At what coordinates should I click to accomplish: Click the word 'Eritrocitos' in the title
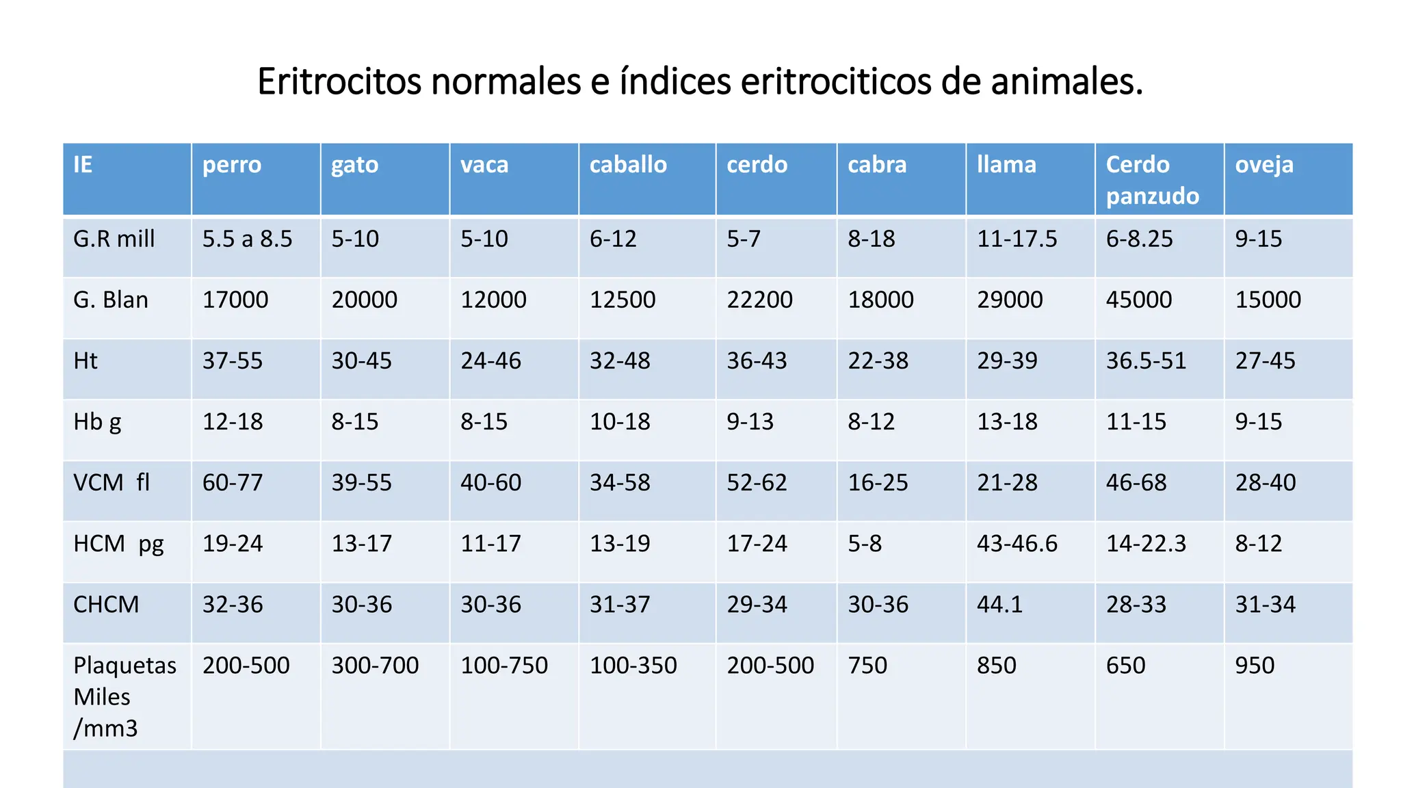click(x=339, y=82)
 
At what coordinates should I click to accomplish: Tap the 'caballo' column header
click(x=628, y=165)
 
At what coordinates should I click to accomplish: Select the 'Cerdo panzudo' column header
click(x=1152, y=180)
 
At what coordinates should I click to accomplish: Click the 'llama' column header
click(x=1006, y=165)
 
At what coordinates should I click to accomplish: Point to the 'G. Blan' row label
click(x=111, y=300)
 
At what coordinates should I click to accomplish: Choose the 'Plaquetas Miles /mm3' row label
click(x=125, y=696)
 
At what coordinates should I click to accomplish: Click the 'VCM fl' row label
click(x=112, y=483)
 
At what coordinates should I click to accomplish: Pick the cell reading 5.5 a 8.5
click(x=247, y=239)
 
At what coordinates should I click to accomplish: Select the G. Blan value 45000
click(x=1138, y=300)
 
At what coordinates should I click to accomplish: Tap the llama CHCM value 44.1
click(x=999, y=605)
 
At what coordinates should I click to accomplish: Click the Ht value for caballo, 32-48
click(x=620, y=361)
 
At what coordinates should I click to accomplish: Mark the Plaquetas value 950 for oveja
click(x=1255, y=666)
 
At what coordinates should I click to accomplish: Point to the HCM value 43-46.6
click(x=1017, y=544)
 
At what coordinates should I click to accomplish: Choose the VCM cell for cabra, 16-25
click(x=878, y=483)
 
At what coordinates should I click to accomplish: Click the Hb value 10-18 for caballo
click(x=620, y=422)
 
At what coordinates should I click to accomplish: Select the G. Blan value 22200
click(x=759, y=300)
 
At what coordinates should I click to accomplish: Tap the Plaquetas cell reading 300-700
click(x=375, y=666)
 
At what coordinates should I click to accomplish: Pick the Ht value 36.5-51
click(x=1146, y=361)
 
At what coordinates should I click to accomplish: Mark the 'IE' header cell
click(x=83, y=165)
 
